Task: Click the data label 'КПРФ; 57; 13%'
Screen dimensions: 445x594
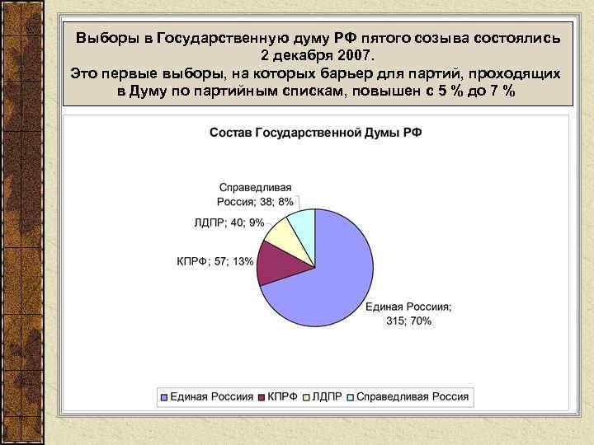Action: coord(214,261)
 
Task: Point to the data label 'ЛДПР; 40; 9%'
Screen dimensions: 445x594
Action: coord(229,222)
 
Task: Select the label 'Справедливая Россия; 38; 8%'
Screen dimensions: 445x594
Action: coord(255,194)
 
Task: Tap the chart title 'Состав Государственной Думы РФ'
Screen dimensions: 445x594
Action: coord(316,132)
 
